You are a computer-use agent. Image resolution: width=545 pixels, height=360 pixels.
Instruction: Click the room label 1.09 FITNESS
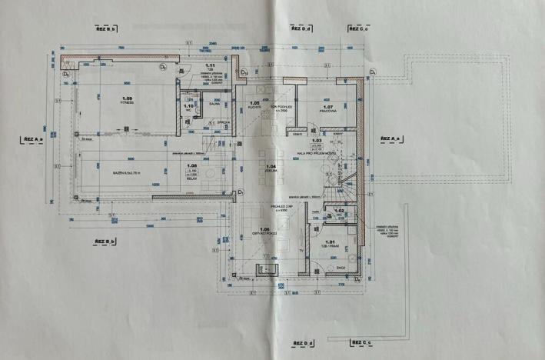[x=128, y=100]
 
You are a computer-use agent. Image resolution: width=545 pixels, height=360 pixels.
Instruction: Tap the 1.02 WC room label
[x=337, y=212]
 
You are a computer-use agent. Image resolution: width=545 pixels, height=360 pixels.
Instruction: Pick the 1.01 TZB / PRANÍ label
[x=331, y=245]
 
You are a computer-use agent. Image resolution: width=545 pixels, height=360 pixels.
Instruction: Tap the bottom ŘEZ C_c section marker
[x=358, y=341]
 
